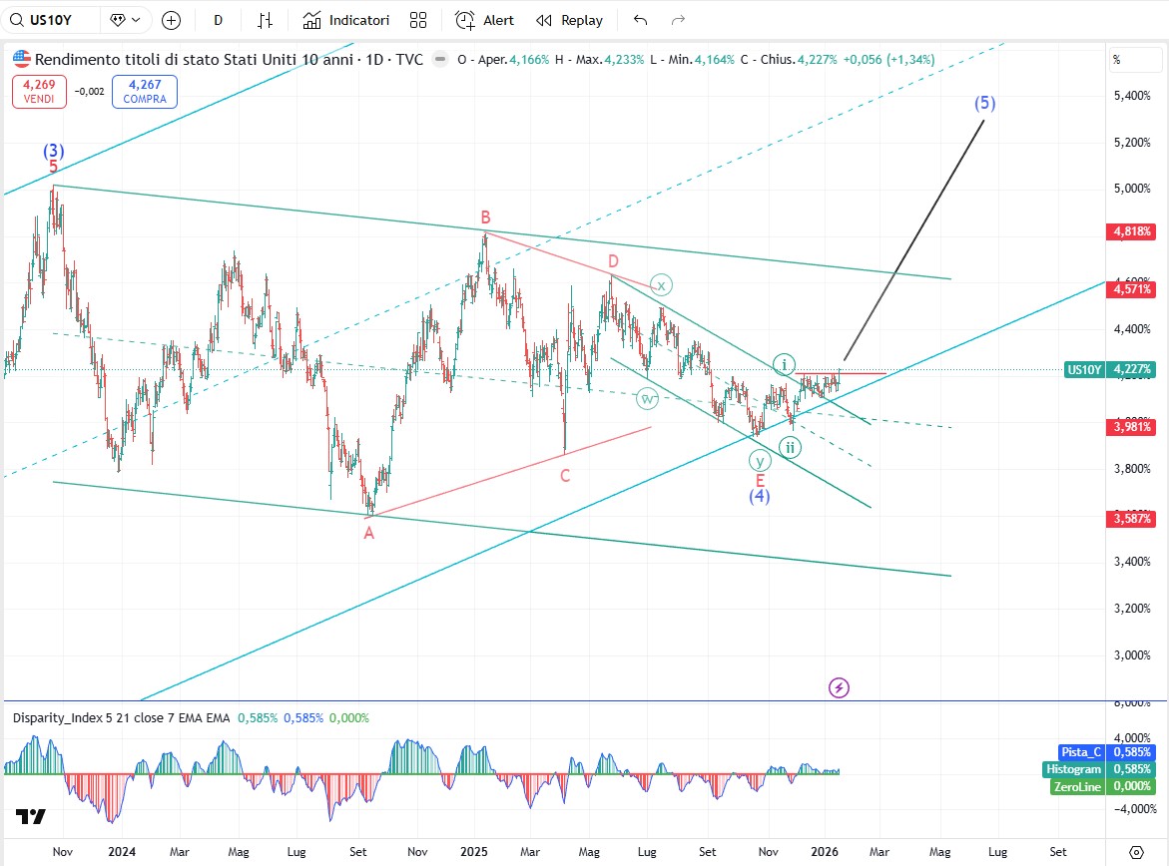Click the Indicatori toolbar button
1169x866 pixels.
(346, 20)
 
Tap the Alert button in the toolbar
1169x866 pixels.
(485, 20)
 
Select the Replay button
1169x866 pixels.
(569, 20)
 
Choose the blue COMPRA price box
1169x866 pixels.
(145, 92)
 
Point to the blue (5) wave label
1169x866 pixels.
(985, 103)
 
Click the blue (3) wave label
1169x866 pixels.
(53, 151)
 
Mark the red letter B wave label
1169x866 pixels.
(485, 216)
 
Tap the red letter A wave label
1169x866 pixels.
(368, 533)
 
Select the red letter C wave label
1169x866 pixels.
(565, 476)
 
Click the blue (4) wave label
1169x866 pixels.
(760, 497)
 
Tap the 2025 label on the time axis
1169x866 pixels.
(473, 852)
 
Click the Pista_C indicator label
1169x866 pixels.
(1081, 752)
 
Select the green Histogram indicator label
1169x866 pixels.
(1074, 769)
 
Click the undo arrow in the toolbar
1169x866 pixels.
(641, 20)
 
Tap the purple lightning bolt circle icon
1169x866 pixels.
(840, 687)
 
